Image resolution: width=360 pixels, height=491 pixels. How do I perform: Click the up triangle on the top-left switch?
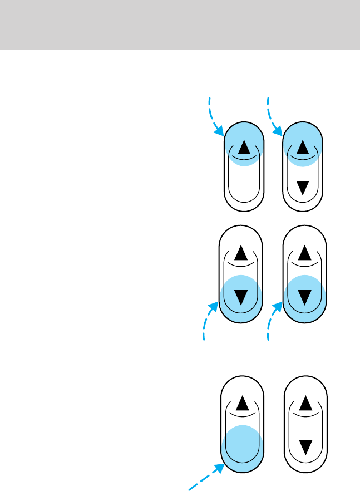click(244, 148)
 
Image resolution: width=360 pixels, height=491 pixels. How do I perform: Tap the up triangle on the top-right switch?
click(303, 148)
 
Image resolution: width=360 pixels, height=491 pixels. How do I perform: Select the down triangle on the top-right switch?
click(303, 188)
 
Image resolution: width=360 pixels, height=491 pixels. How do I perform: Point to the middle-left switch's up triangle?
click(241, 254)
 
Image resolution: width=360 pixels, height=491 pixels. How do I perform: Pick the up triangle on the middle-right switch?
click(304, 254)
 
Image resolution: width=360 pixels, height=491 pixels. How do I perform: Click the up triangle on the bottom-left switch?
click(241, 402)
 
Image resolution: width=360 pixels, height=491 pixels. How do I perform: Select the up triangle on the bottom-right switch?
click(304, 402)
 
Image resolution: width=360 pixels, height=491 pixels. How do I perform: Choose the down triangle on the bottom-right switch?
click(304, 445)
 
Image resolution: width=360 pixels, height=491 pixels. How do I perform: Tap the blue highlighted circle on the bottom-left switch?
click(241, 445)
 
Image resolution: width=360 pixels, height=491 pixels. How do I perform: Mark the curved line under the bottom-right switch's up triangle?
click(304, 415)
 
